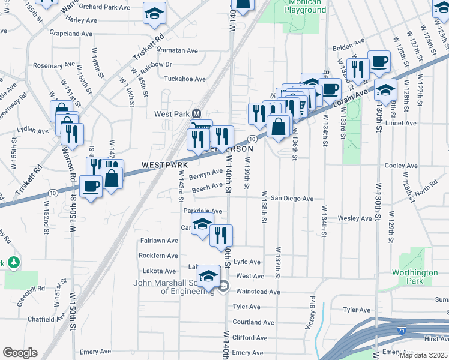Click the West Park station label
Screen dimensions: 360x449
pos(172,114)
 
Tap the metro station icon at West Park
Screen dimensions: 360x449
pos(196,114)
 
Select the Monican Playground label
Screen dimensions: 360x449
pos(305,7)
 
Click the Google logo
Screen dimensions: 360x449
pos(20,353)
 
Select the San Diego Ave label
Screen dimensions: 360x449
pos(292,198)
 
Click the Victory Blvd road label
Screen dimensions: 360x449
pos(311,312)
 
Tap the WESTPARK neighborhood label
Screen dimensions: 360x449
pos(165,164)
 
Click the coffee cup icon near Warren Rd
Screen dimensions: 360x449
pos(91,187)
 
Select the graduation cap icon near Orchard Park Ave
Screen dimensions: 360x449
pos(154,13)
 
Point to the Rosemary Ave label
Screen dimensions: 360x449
pos(52,65)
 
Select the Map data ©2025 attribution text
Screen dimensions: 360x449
pos(423,355)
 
